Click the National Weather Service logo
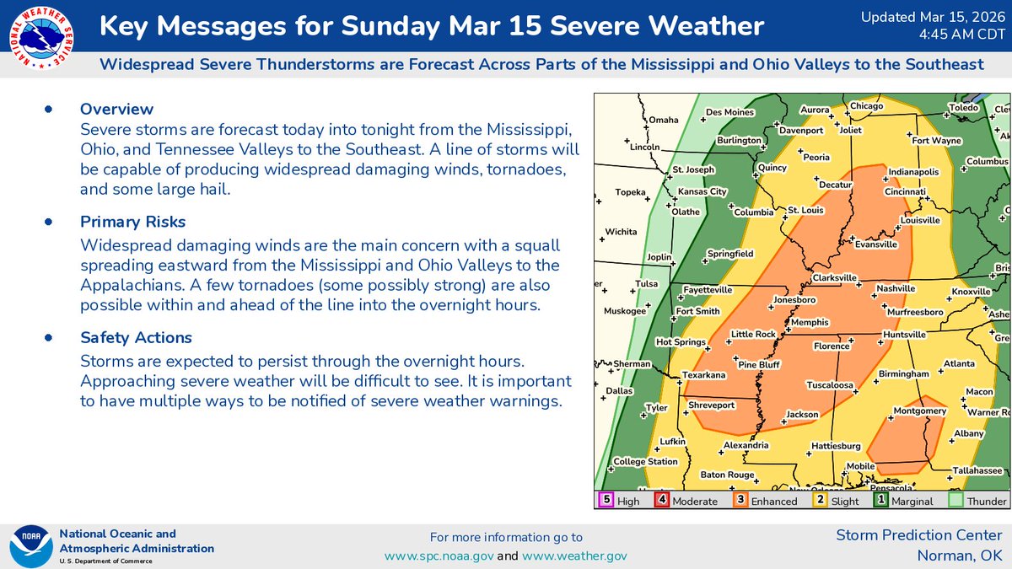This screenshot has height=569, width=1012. tap(40, 39)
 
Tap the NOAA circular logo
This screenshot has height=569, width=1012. tap(30, 547)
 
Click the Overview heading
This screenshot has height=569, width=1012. tap(116, 109)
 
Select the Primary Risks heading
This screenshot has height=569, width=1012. tap(132, 222)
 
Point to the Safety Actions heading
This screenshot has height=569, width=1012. tap(136, 337)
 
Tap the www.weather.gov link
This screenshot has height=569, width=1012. tap(575, 556)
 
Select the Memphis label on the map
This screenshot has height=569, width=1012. tap(810, 323)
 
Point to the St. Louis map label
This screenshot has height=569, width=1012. tap(805, 209)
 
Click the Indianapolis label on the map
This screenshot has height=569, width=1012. tap(913, 172)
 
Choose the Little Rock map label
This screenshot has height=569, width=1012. tap(753, 335)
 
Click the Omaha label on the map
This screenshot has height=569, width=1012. tap(664, 120)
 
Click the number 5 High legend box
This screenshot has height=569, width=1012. tap(605, 500)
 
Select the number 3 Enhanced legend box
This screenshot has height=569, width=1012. tap(740, 500)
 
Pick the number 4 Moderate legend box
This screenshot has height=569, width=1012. tap(663, 500)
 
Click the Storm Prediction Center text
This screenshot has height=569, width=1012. tap(919, 535)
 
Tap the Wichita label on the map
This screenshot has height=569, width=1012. tap(621, 231)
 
